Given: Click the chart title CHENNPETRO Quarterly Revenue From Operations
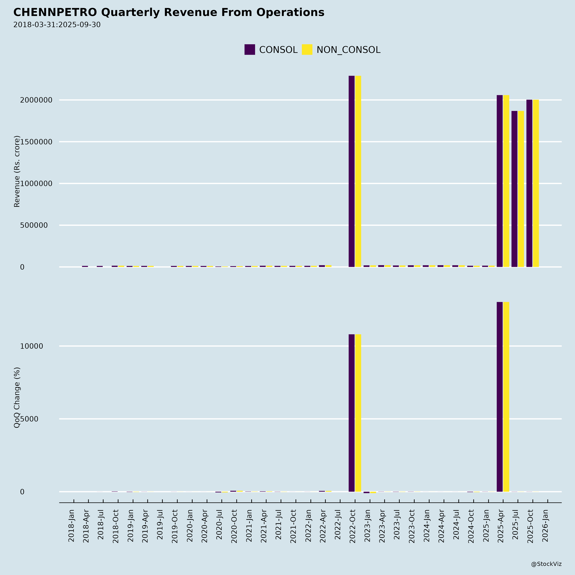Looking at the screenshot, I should tap(169, 12).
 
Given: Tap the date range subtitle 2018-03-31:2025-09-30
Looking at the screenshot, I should tap(57, 25).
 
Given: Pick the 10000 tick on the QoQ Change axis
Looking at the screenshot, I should tap(32, 346).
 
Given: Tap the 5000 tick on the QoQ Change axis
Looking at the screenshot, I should tap(29, 419).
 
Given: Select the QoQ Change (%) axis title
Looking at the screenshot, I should tap(17, 398).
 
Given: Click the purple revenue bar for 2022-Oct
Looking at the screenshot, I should tap(352, 171).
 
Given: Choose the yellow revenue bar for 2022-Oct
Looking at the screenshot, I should tap(358, 171).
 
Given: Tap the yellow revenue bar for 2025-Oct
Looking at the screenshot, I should tap(536, 183).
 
